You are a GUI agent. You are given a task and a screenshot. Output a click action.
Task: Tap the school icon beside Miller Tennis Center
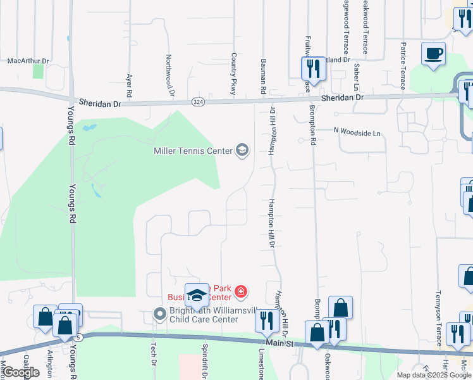242,150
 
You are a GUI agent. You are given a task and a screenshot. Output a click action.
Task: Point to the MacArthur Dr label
28,61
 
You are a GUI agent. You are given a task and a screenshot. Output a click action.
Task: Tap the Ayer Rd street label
129,85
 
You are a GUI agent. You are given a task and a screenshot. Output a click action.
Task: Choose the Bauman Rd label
262,77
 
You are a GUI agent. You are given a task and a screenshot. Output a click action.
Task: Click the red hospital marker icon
240,291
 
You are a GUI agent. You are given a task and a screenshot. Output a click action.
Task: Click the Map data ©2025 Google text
433,375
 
